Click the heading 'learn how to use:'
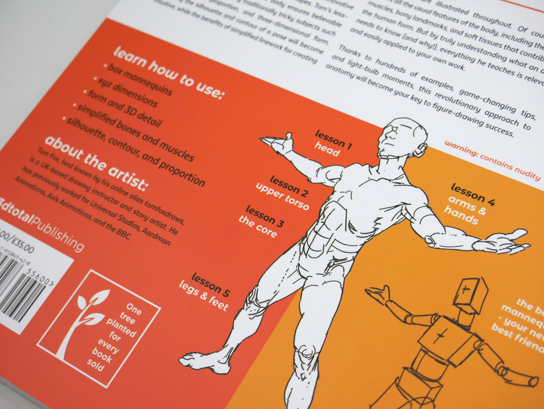(x=168, y=74)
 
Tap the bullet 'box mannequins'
(x=139, y=80)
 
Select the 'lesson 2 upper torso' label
(x=283, y=192)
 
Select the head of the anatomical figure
(x=401, y=138)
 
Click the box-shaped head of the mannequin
(x=470, y=295)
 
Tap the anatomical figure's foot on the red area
(x=205, y=362)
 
